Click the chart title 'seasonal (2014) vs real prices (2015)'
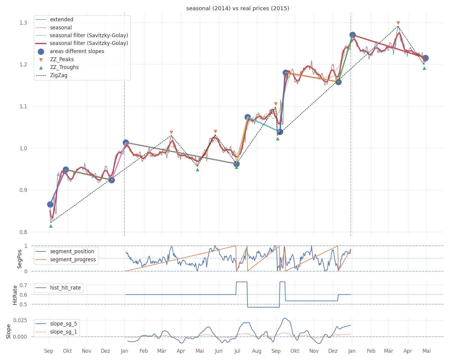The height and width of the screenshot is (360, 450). pyautogui.click(x=238, y=8)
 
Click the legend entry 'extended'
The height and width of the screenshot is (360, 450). pyautogui.click(x=54, y=19)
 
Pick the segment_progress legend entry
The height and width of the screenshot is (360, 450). pyautogui.click(x=66, y=259)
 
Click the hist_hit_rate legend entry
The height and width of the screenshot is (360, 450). pyautogui.click(x=58, y=288)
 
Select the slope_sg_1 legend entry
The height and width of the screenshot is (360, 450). pyautogui.click(x=56, y=332)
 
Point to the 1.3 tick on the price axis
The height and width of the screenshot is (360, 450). pyautogui.click(x=23, y=22)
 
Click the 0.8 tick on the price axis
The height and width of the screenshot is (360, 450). pyautogui.click(x=23, y=232)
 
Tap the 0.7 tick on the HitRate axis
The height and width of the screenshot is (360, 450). pyautogui.click(x=23, y=285)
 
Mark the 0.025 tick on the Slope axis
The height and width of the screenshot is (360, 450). pyautogui.click(x=20, y=320)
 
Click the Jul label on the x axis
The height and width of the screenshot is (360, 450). pyautogui.click(x=237, y=351)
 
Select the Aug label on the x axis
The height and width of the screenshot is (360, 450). pyautogui.click(x=256, y=351)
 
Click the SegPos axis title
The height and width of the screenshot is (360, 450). pyautogui.click(x=19, y=259)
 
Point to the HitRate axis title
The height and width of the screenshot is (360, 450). pyautogui.click(x=15, y=295)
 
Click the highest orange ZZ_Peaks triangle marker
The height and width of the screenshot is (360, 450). pyautogui.click(x=398, y=23)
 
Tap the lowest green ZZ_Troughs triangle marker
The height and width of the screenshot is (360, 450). pyautogui.click(x=51, y=226)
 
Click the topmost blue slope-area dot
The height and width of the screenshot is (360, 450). pyautogui.click(x=352, y=35)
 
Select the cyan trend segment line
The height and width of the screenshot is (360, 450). pyautogui.click(x=264, y=125)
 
